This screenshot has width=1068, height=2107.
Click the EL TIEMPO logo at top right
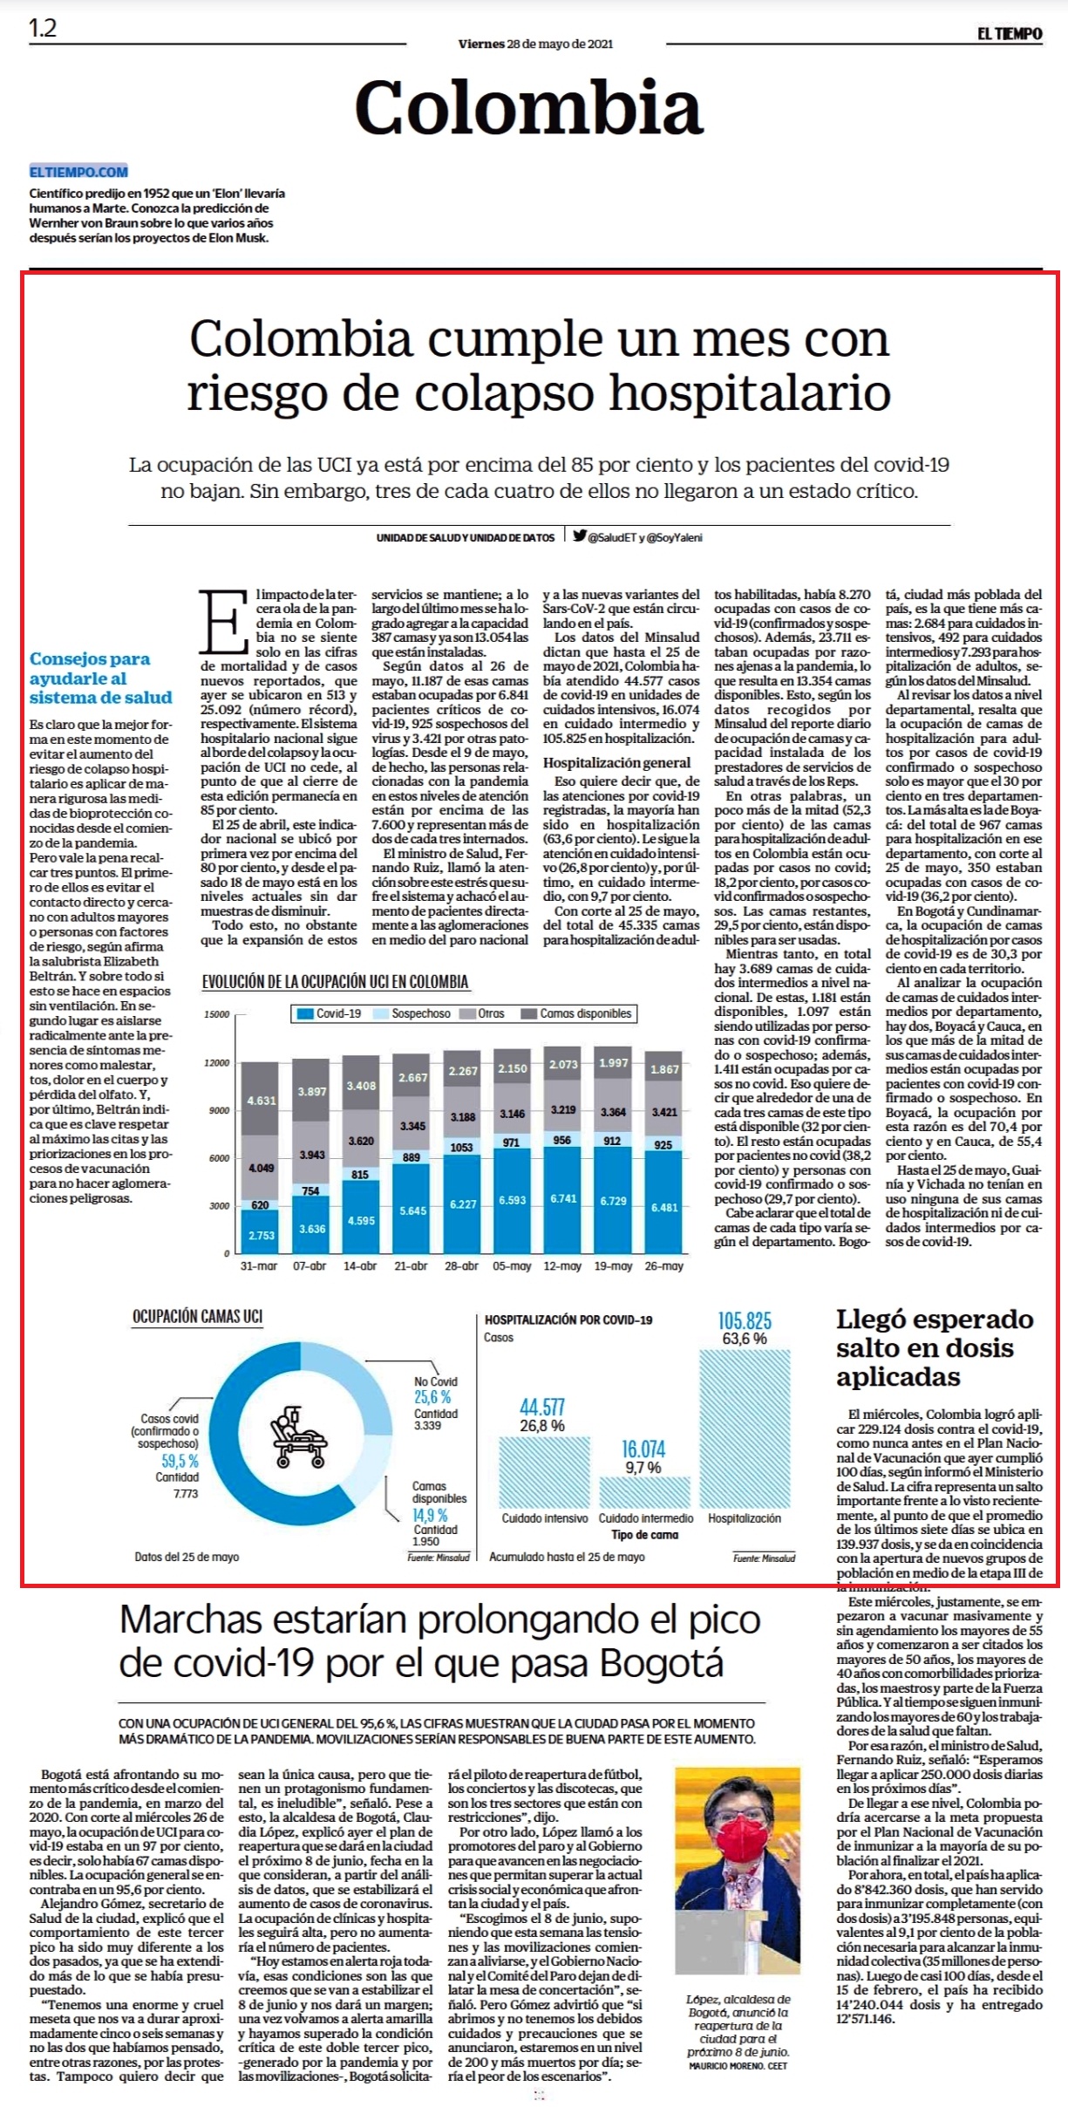[1009, 34]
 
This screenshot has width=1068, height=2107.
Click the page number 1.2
[43, 28]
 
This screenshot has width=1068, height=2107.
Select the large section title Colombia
[528, 107]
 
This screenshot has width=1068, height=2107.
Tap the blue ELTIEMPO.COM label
[78, 172]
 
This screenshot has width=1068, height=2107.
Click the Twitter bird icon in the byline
[579, 536]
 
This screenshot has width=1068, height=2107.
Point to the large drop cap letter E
[223, 622]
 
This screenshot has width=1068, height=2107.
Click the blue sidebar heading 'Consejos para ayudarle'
[101, 678]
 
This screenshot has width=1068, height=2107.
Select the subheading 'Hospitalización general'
[616, 762]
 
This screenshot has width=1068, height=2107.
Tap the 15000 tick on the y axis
[217, 1014]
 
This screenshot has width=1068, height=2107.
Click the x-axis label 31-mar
[259, 1265]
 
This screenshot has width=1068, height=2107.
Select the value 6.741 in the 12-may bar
[563, 1198]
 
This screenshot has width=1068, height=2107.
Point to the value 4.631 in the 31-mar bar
[261, 1101]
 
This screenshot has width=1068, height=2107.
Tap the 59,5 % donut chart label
[180, 1461]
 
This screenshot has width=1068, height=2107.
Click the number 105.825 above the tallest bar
[745, 1320]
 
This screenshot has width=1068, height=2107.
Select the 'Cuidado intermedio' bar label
[646, 1518]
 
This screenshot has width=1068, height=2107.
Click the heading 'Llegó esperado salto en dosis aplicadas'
[935, 1347]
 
